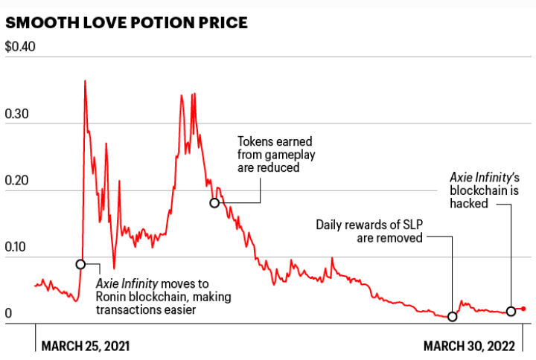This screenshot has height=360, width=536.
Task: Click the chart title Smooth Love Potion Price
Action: (x=126, y=23)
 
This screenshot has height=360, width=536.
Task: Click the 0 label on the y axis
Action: (x=9, y=314)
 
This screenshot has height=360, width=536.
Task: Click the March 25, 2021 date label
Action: (x=86, y=346)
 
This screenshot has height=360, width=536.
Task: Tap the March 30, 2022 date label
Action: (x=470, y=346)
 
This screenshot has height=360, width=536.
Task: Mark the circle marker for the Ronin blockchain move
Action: (x=80, y=264)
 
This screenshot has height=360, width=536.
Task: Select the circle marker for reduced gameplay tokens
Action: (x=214, y=202)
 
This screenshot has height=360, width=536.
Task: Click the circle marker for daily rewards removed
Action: (x=452, y=316)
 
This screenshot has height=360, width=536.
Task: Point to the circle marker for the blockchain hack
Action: (x=511, y=311)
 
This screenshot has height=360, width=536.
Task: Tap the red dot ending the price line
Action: (x=524, y=309)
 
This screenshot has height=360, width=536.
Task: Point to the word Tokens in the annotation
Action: (x=255, y=141)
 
